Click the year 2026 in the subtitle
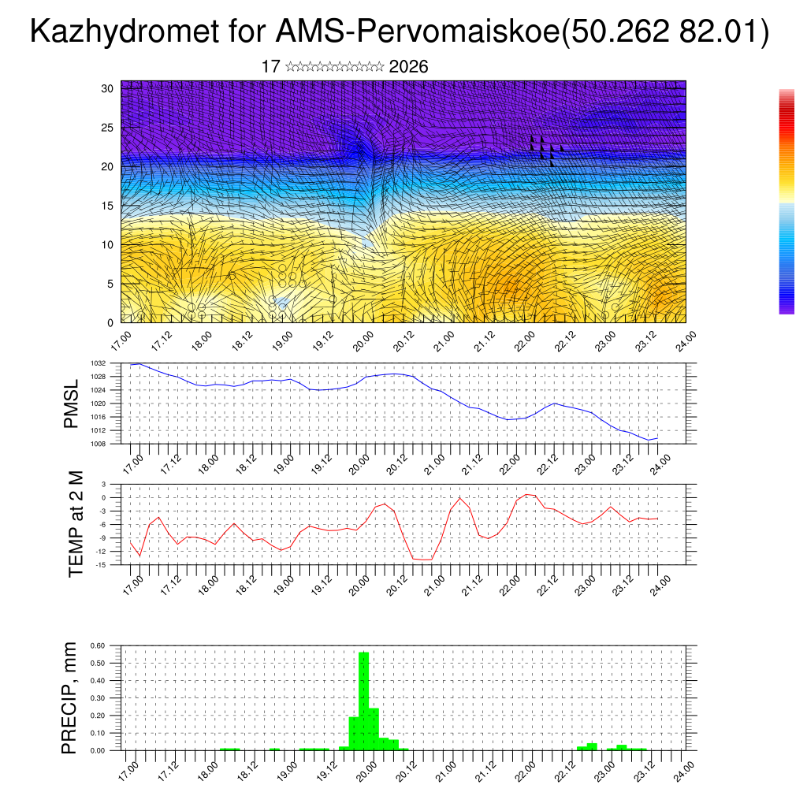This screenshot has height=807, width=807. [x=408, y=67]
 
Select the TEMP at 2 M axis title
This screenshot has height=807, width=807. [x=76, y=525]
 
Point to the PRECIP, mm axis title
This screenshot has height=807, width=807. [x=70, y=697]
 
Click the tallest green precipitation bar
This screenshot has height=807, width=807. [x=363, y=700]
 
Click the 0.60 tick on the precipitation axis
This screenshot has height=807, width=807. [x=97, y=645]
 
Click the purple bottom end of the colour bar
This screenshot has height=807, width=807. [x=787, y=310]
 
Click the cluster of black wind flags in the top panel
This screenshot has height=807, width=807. [x=546, y=148]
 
